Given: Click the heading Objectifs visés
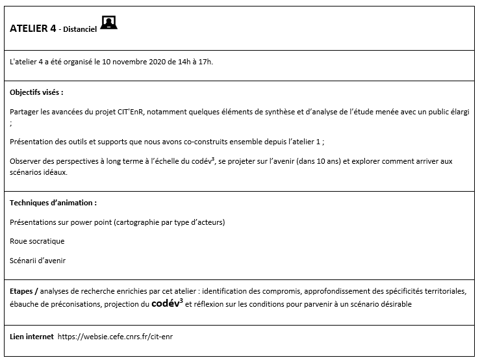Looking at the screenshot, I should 36,92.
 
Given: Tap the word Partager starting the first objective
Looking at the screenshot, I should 24,112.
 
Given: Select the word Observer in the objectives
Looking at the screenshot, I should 27,161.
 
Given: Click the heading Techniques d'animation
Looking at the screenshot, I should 53,203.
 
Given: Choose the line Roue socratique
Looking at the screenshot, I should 37,241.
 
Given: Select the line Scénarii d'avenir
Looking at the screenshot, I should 38,261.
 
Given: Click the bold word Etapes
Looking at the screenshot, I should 22,291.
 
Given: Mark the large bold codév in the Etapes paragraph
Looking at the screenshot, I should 166,303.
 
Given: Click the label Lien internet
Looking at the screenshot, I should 31,337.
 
